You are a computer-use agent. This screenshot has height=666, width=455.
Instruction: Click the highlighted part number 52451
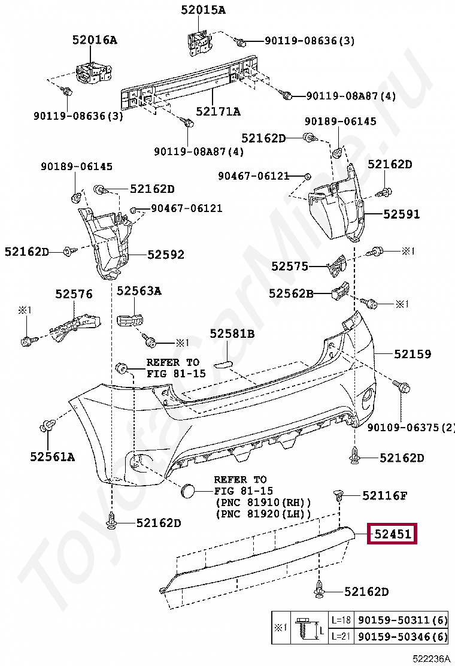pos(393,533)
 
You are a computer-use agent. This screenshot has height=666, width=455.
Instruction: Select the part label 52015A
pos(203,10)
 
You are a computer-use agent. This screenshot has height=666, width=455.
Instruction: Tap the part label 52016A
pos(95,40)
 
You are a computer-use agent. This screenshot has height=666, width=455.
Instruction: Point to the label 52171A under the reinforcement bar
pos(218,111)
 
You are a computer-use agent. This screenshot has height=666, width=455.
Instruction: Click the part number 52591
pos(402,214)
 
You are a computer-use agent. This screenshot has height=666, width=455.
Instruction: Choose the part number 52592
pos(166,255)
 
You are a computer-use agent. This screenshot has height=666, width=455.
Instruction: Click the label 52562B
pos(291,293)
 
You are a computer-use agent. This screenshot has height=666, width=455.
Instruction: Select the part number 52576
pos(74,294)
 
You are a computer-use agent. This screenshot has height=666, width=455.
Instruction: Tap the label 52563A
pos(139,290)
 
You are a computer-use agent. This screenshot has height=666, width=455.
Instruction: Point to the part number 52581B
pos(232,334)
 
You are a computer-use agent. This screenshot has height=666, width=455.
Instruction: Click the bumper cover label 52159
pos(412,354)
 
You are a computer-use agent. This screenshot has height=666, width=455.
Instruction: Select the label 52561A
pos(53,457)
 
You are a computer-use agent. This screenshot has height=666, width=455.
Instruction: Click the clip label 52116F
pos(384,495)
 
